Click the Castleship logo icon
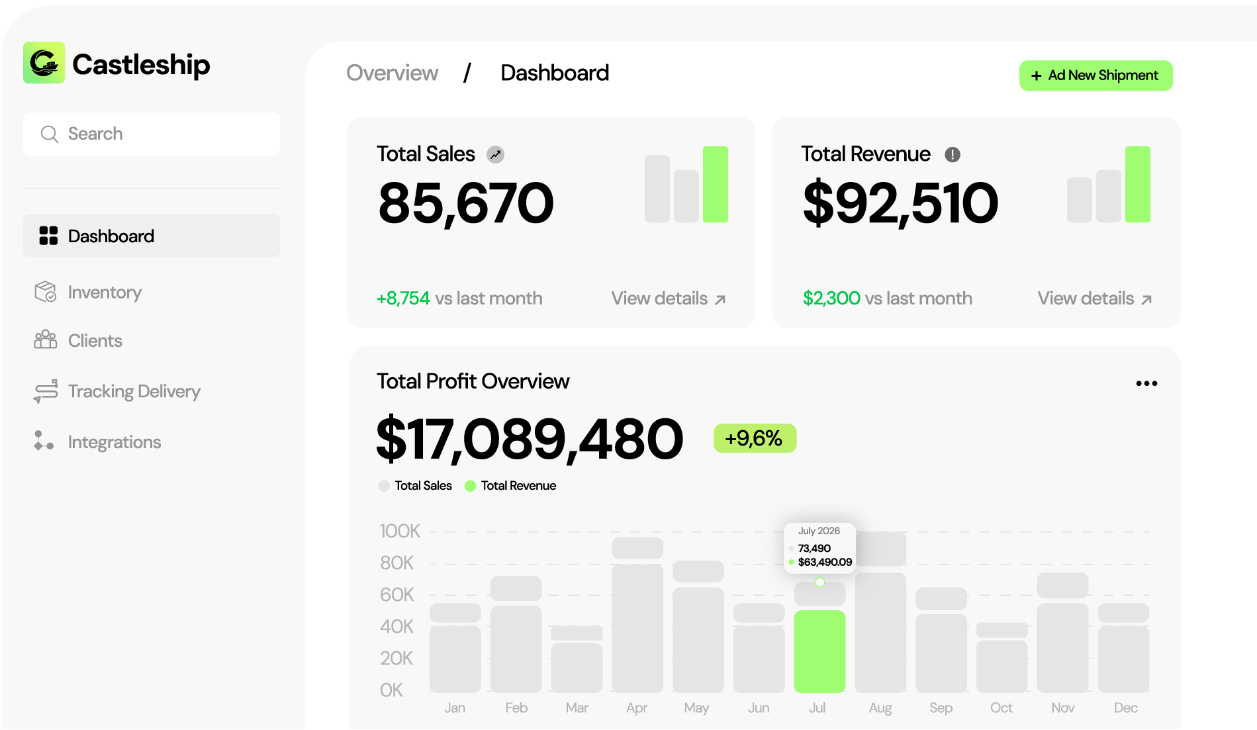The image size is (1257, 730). (x=44, y=63)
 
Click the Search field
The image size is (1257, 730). (x=151, y=134)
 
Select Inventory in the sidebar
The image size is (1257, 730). (x=104, y=292)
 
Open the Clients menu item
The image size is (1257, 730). (x=95, y=340)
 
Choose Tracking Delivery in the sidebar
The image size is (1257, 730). (x=133, y=391)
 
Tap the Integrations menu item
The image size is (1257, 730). (x=114, y=441)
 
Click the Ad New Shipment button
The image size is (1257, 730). (x=1095, y=75)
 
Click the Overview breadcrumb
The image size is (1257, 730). (x=392, y=73)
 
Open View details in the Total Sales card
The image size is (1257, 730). (x=668, y=298)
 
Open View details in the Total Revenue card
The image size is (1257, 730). (x=1094, y=298)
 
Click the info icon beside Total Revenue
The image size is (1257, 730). (x=952, y=154)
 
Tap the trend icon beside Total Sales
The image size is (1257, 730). (x=495, y=154)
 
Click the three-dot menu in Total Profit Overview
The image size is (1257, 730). (x=1146, y=383)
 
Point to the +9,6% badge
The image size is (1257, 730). (x=755, y=438)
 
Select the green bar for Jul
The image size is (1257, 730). (x=819, y=651)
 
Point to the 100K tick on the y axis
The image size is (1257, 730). (x=400, y=531)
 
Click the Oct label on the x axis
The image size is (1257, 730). (x=1001, y=707)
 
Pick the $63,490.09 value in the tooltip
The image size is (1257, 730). (x=825, y=562)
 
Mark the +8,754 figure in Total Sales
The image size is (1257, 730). (x=403, y=298)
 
